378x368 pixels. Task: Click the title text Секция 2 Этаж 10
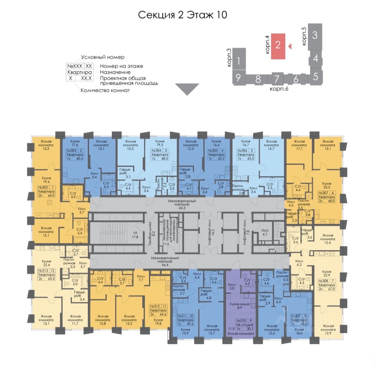(183, 15)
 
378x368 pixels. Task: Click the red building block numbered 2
(278, 46)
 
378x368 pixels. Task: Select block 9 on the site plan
(239, 78)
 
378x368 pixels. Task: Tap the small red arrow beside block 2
(290, 46)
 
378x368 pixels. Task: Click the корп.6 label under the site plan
(279, 89)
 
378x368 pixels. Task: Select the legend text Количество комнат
(105, 90)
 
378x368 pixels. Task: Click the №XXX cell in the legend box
(75, 66)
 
